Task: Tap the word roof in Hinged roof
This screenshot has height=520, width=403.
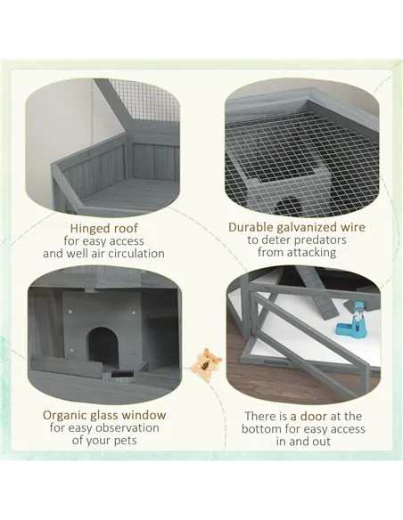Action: [x=126, y=228]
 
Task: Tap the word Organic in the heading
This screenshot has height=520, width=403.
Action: [x=64, y=416]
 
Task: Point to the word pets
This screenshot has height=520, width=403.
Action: [x=126, y=441]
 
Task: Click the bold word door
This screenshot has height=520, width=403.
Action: [x=313, y=416]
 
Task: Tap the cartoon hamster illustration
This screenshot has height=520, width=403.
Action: [x=205, y=362]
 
